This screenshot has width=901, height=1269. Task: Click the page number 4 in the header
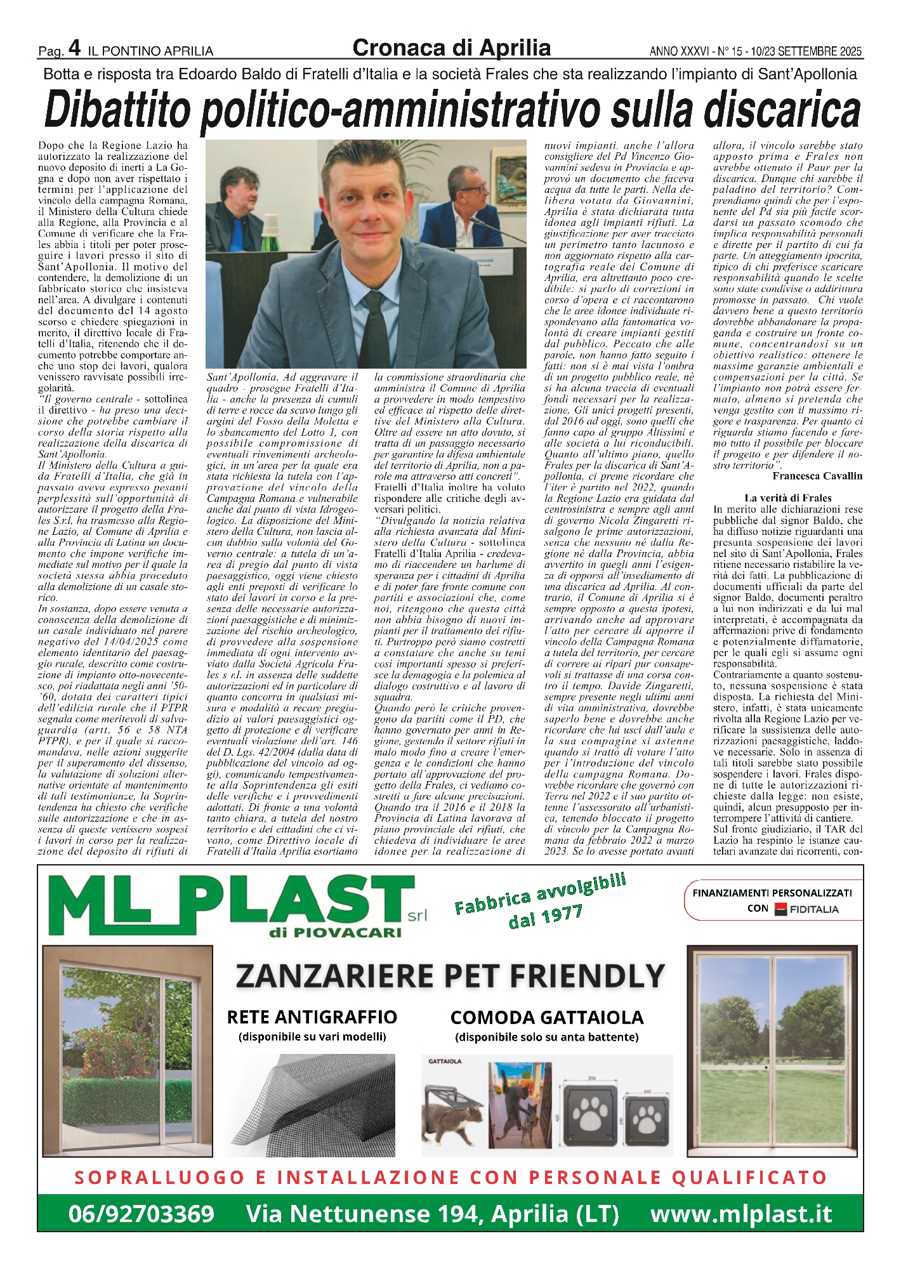click(74, 47)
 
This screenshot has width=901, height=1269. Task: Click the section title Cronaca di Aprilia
click(451, 48)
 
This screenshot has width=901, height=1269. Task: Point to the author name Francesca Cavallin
click(817, 476)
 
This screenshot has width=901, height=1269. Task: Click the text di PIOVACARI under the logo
click(335, 932)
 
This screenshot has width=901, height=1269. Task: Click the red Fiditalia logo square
click(780, 909)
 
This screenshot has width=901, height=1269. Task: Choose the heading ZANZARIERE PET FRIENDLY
click(450, 976)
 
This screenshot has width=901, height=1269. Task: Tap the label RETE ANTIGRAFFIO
click(312, 1017)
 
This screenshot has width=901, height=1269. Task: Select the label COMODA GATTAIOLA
click(546, 1018)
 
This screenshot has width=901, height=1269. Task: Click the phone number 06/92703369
click(141, 1214)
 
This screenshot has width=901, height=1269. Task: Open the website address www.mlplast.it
click(740, 1214)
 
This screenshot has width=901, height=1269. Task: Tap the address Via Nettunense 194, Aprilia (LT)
click(432, 1214)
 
